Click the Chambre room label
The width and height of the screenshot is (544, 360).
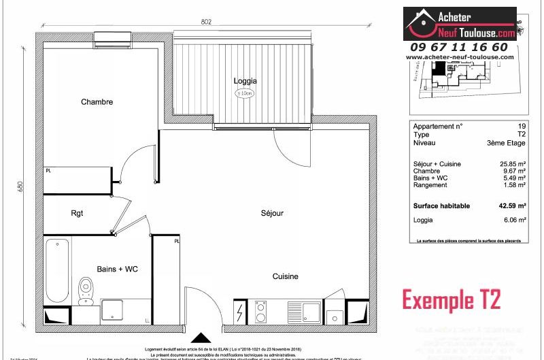coord(97,102)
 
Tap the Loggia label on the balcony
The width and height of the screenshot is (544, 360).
coord(245,81)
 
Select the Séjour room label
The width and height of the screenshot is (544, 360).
coord(272,213)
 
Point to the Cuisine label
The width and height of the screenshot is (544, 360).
coord(286,276)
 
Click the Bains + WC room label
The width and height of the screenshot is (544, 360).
coord(118,269)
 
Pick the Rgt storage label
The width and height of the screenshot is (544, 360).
coord(77,213)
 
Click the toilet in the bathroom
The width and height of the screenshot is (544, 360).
coord(86,289)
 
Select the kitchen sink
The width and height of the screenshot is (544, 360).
coord(311,313)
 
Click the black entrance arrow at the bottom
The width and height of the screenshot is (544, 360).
coord(201,338)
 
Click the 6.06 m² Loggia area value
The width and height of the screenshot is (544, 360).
coord(516,220)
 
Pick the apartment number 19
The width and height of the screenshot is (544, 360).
coord(522,126)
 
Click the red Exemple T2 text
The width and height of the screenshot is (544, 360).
coord(451,299)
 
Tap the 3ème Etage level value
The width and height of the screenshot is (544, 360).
coord(507,143)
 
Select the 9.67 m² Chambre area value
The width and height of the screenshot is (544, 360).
coord(516,171)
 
